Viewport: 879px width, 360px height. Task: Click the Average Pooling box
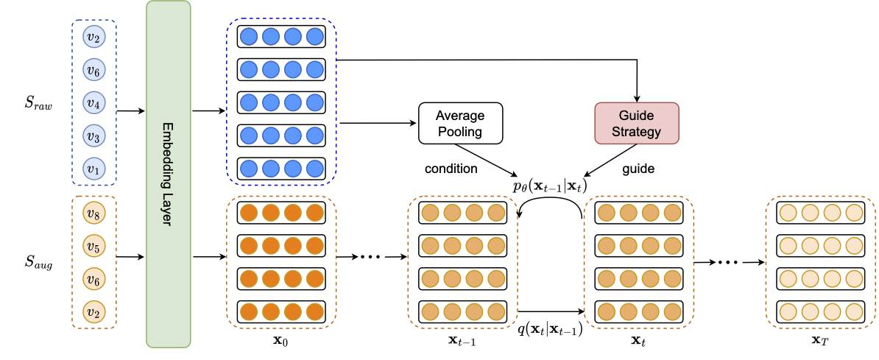[460, 123]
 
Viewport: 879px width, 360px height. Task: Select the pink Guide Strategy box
[636, 123]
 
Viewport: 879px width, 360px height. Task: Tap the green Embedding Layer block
[169, 174]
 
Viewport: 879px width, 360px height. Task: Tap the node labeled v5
[92, 246]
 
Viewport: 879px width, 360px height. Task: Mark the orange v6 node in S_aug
[92, 278]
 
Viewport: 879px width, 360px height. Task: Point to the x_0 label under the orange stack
[280, 342]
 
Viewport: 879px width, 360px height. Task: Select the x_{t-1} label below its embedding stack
[462, 342]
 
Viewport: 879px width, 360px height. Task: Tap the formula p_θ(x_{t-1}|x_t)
[550, 186]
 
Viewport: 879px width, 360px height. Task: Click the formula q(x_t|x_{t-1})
[550, 329]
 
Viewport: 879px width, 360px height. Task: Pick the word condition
[451, 169]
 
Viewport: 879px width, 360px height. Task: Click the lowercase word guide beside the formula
[638, 169]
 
